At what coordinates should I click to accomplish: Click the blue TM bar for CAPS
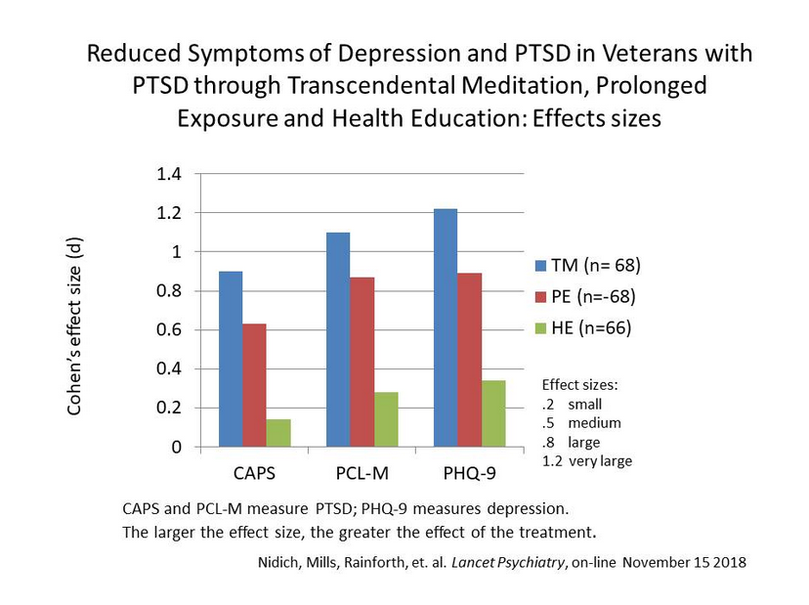pyautogui.click(x=232, y=359)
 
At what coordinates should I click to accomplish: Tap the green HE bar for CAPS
pyautogui.click(x=278, y=433)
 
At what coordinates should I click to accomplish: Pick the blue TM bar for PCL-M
pyautogui.click(x=338, y=339)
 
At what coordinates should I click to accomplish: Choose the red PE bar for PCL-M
pyautogui.click(x=362, y=362)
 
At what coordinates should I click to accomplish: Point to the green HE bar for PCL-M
pyautogui.click(x=386, y=419)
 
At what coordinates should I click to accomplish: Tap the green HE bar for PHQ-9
pyautogui.click(x=493, y=413)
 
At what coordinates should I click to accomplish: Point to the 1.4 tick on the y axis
pyautogui.click(x=170, y=174)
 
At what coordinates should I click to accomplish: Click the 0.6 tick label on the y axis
pyautogui.click(x=170, y=329)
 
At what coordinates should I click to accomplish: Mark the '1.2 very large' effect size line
pyautogui.click(x=586, y=460)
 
